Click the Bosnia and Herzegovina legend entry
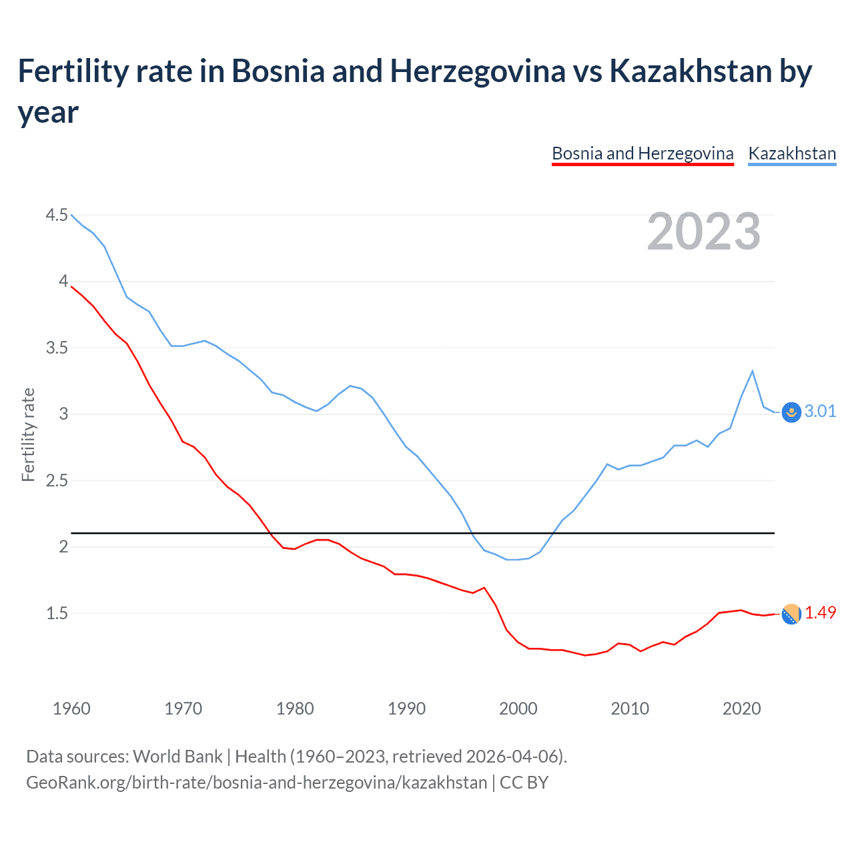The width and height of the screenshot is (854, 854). click(643, 153)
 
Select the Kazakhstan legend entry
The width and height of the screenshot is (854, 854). click(792, 153)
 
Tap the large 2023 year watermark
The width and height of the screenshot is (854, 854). click(704, 232)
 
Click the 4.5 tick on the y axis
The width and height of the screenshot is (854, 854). click(57, 215)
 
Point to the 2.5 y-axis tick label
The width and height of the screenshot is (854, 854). click(57, 480)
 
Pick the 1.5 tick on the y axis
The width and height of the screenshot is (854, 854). click(57, 613)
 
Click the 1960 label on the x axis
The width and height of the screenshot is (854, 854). click(71, 709)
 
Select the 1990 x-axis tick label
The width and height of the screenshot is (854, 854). click(406, 709)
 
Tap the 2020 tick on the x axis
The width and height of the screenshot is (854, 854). click(741, 709)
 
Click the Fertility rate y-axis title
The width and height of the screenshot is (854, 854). click(28, 434)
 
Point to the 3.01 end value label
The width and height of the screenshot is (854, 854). click(820, 411)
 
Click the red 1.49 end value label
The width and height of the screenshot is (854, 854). click(820, 612)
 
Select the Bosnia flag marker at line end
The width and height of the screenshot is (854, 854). click(791, 614)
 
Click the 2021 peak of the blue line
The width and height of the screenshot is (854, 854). click(753, 371)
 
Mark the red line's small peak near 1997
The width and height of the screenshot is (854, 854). click(484, 588)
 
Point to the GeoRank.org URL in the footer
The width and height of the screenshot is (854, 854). click(256, 782)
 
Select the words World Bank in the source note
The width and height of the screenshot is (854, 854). click(177, 756)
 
